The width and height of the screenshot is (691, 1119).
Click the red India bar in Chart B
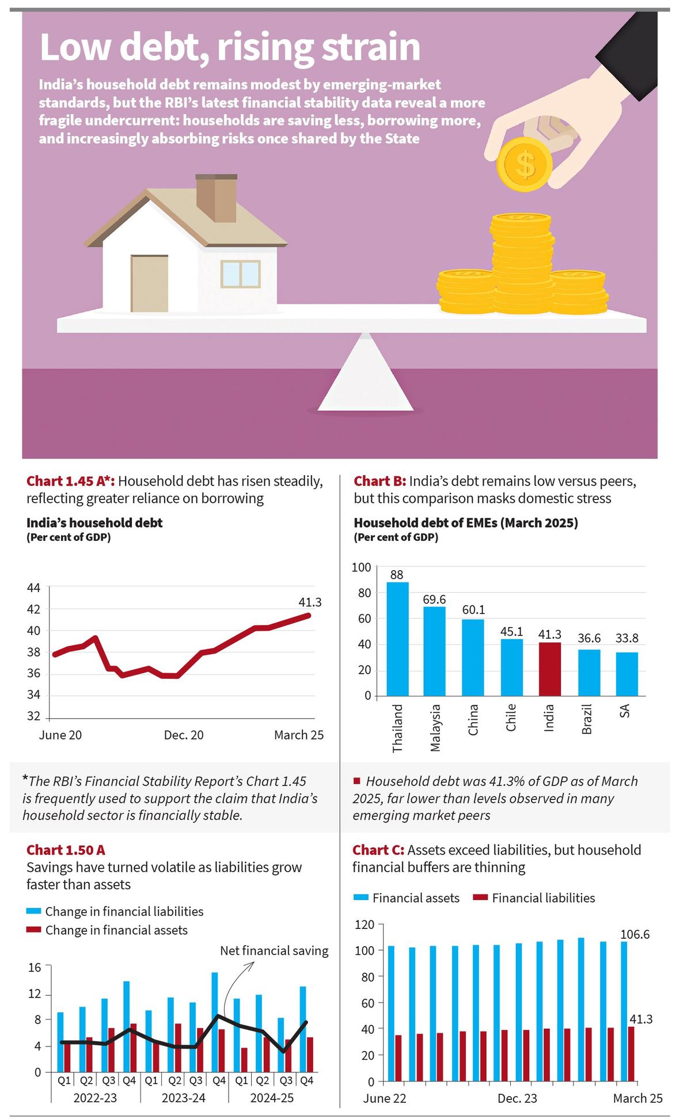tap(549, 669)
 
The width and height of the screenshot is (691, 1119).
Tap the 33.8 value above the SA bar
tap(627, 638)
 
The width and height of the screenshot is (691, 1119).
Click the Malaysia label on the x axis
tap(435, 727)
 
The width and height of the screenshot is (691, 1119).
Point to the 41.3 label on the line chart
tap(310, 602)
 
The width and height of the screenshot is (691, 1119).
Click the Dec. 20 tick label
tap(184, 735)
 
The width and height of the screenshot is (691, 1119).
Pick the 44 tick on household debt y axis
tap(33, 588)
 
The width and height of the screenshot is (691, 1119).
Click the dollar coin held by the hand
tap(525, 164)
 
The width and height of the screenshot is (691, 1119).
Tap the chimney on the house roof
tap(217, 197)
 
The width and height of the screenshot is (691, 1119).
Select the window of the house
tap(241, 274)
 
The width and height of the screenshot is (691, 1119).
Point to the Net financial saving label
tap(274, 950)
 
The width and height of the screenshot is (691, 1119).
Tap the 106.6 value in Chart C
tap(635, 934)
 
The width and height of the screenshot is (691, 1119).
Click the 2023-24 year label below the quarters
tap(183, 1098)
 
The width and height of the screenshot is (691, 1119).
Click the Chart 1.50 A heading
tap(66, 850)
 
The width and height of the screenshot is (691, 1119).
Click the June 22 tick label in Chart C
tap(384, 1098)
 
